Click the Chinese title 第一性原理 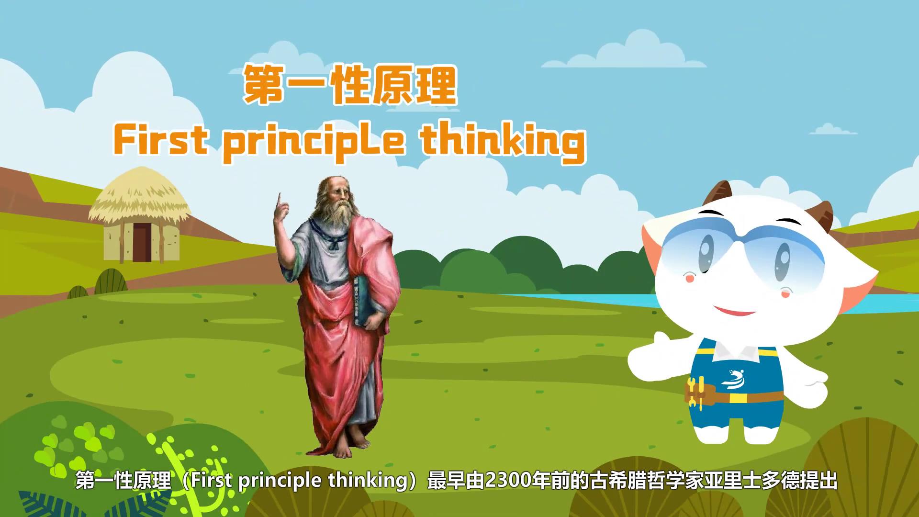[350, 86]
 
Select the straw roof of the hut [139, 196]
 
